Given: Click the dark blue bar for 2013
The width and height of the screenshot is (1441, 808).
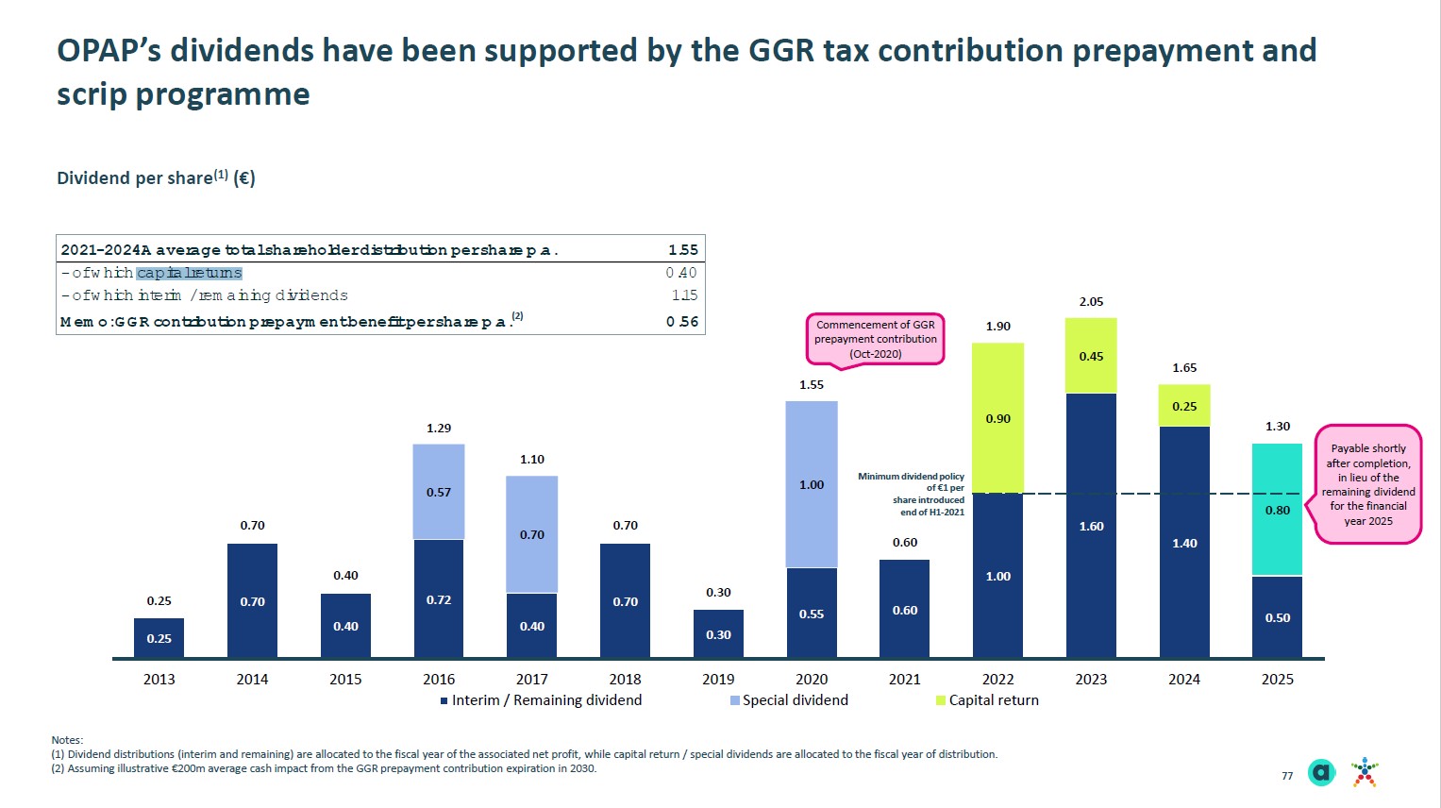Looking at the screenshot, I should (159, 638).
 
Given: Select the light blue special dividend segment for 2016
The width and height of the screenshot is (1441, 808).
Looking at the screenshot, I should (439, 492).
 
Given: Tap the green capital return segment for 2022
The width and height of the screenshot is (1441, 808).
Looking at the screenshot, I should (997, 418).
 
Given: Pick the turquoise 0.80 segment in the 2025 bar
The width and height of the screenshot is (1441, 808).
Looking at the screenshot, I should (1277, 510).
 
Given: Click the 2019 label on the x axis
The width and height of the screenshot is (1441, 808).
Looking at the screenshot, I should (718, 679).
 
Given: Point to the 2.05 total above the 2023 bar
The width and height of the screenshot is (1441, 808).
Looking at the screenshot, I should (1091, 301).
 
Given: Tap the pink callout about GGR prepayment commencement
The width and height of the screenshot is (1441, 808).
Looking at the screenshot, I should (875, 339).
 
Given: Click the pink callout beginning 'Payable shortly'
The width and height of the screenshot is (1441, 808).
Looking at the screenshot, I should (1367, 484).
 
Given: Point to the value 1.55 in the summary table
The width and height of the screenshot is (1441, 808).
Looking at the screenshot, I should (682, 250).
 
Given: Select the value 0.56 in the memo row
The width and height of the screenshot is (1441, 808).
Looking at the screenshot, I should (682, 322).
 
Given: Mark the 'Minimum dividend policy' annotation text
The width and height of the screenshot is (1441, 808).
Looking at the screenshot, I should (912, 494).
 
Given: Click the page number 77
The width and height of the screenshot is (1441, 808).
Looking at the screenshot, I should (1287, 776).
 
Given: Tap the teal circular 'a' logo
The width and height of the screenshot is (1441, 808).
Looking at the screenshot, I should (1322, 773).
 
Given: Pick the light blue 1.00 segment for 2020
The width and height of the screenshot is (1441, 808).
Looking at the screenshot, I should (812, 484).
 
